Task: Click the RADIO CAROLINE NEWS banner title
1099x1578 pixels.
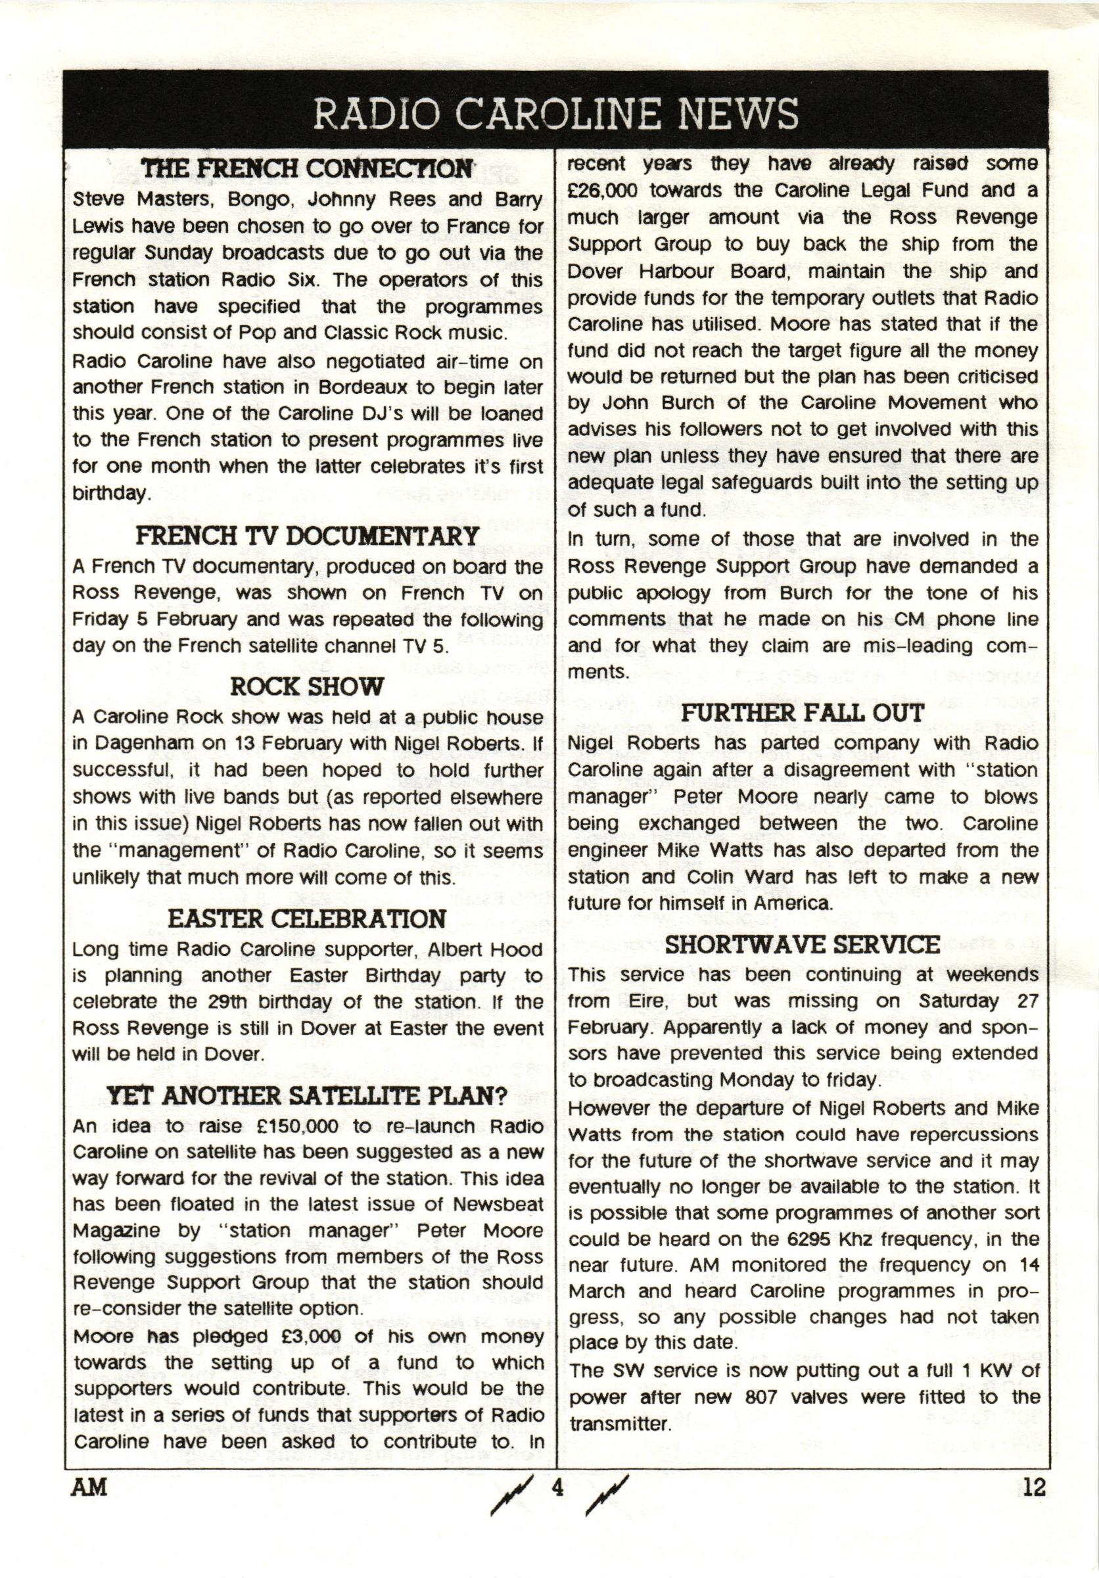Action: pyautogui.click(x=555, y=112)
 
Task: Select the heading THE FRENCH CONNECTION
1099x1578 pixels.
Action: pyautogui.click(x=306, y=169)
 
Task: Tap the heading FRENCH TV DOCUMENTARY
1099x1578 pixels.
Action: pyautogui.click(x=306, y=537)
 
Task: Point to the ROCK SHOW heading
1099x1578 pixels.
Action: pyautogui.click(x=306, y=686)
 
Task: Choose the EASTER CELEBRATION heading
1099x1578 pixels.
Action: pyautogui.click(x=306, y=919)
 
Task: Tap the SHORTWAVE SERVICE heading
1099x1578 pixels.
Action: pyautogui.click(x=803, y=945)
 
